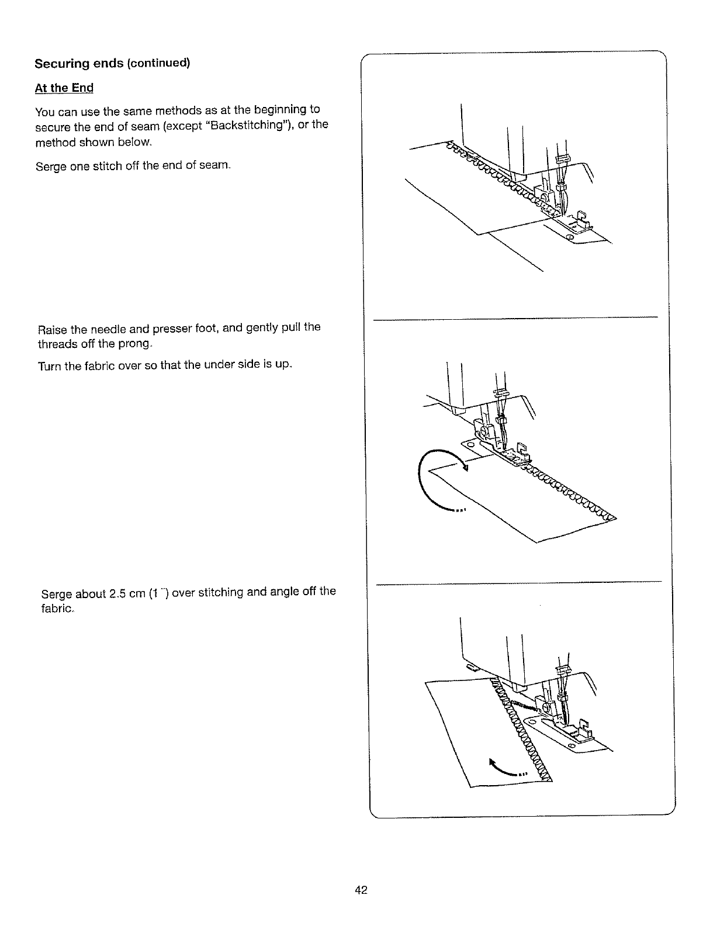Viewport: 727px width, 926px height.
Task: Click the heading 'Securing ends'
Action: pos(79,63)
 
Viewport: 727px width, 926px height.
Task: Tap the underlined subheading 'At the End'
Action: pos(64,88)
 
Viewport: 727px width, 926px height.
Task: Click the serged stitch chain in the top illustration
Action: pos(497,172)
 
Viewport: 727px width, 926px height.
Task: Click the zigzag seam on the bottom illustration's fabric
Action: pos(523,737)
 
